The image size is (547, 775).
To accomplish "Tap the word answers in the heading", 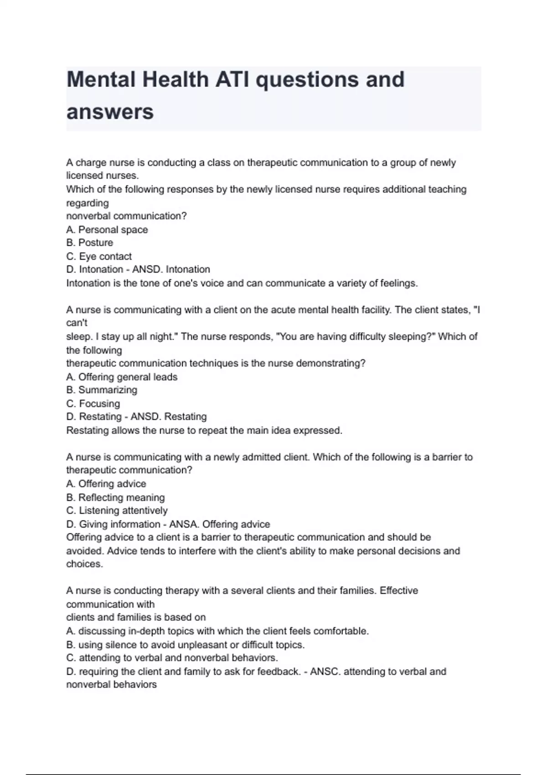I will click(x=110, y=112).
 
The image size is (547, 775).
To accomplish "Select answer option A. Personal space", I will click(x=107, y=230).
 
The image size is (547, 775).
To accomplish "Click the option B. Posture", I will click(x=90, y=243).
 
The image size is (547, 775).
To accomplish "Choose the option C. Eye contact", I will click(x=99, y=256).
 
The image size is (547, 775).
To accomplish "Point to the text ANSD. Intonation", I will click(x=171, y=269).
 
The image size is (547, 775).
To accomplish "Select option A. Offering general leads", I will click(x=122, y=377).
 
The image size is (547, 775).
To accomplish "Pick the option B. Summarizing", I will click(x=102, y=390).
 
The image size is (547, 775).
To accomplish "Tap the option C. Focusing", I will click(x=93, y=403).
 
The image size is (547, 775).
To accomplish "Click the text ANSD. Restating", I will click(x=169, y=417).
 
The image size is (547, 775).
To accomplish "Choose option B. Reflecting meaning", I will click(x=115, y=497).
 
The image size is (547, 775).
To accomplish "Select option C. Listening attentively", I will click(x=117, y=511).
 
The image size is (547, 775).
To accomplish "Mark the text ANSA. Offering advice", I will click(x=220, y=524).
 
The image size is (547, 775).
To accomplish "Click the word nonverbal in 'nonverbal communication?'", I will click(x=88, y=216).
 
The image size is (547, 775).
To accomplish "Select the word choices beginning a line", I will click(x=84, y=564).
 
